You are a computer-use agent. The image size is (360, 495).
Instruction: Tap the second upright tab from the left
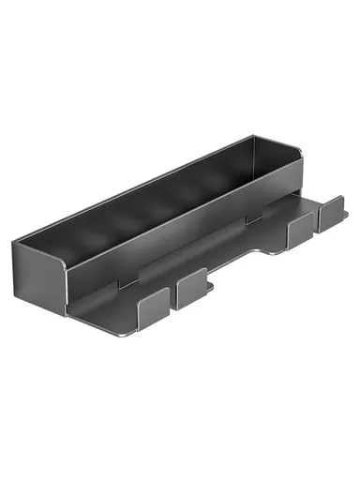[190, 288]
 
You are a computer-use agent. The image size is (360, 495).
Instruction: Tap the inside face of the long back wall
[169, 183]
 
